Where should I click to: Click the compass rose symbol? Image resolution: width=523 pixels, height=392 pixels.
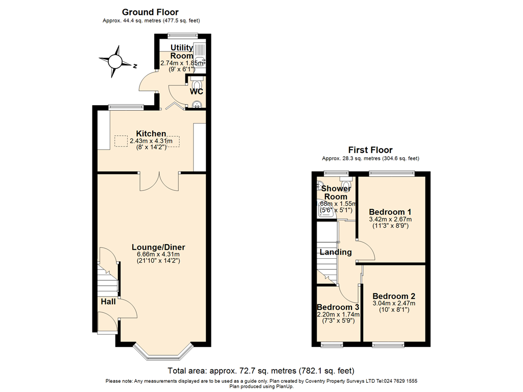115,61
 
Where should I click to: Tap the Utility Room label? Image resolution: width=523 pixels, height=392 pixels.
182,52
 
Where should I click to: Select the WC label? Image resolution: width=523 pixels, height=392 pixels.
197,92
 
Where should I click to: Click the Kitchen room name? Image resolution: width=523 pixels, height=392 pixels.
151,134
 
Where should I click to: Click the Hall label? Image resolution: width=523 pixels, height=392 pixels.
108,302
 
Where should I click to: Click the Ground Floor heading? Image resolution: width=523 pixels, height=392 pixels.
150,12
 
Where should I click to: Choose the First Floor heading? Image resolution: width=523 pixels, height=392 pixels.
370,150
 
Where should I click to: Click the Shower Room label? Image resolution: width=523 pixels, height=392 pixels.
336,192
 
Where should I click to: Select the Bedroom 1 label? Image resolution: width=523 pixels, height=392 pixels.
390,212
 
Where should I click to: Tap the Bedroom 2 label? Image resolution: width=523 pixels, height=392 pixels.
393,296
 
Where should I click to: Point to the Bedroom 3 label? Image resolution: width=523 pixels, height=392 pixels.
338,307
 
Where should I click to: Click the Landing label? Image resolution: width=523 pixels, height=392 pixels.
336,252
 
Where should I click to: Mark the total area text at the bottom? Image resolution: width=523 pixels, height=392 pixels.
261,371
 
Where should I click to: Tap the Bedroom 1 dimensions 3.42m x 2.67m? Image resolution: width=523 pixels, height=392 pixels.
390,219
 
